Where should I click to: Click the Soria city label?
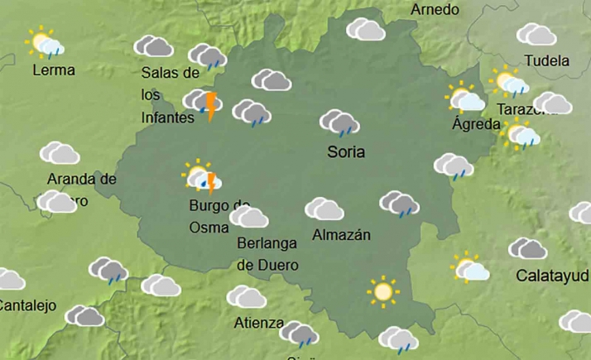[346, 152]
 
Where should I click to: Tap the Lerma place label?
[54, 70]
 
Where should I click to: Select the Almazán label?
[341, 235]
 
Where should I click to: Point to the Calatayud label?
[552, 275]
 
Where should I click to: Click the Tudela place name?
[547, 61]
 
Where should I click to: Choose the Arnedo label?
[435, 10]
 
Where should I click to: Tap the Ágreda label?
[476, 125]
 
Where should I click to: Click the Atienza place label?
[259, 323]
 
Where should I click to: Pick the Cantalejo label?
[26, 305]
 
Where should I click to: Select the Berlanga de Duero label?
[267, 254]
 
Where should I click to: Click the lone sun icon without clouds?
[382, 291]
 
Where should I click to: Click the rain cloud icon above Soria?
[339, 123]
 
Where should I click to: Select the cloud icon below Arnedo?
[365, 30]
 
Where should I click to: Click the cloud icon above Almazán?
[324, 209]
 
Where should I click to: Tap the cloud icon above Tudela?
[536, 35]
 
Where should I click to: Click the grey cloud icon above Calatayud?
[527, 248]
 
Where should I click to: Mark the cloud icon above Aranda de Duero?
[60, 153]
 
